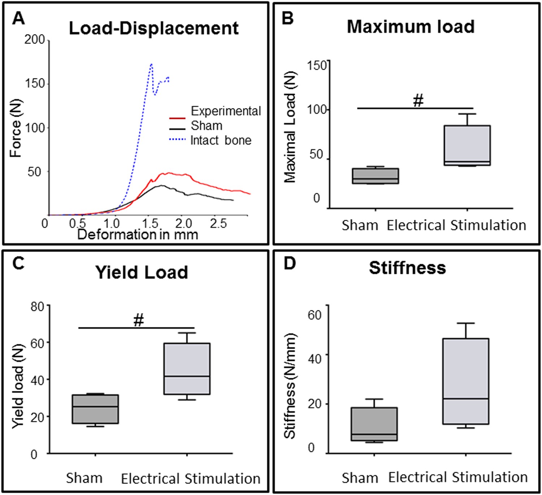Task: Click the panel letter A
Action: tap(18, 18)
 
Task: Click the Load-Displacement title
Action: tap(154, 28)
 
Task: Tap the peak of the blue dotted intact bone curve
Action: tap(151, 64)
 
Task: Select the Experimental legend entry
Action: tap(225, 111)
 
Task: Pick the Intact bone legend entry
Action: tap(220, 140)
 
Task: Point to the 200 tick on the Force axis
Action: tap(35, 39)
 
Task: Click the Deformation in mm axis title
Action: tap(138, 235)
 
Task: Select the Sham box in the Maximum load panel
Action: tap(375, 176)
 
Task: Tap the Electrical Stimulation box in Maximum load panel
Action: tap(467, 145)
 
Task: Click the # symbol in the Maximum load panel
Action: tap(418, 101)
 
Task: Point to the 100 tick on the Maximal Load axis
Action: tap(317, 109)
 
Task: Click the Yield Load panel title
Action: tap(142, 272)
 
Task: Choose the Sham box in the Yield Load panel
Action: tap(95, 409)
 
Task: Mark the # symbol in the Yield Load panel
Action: tap(139, 320)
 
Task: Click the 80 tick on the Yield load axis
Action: tap(38, 307)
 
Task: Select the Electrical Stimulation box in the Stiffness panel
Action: tap(465, 381)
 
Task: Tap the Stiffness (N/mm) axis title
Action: tap(290, 386)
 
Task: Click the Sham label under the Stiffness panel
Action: tap(360, 478)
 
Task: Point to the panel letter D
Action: tap(289, 264)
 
